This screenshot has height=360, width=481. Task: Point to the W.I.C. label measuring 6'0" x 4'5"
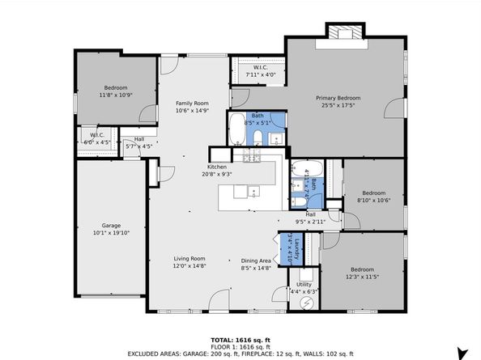(96, 138)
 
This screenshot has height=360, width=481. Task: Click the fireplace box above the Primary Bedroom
(343, 32)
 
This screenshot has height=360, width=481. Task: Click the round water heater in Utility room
(307, 303)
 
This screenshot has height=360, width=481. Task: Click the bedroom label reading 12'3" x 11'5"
(361, 273)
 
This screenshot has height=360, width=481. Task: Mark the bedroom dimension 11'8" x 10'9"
(115, 95)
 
